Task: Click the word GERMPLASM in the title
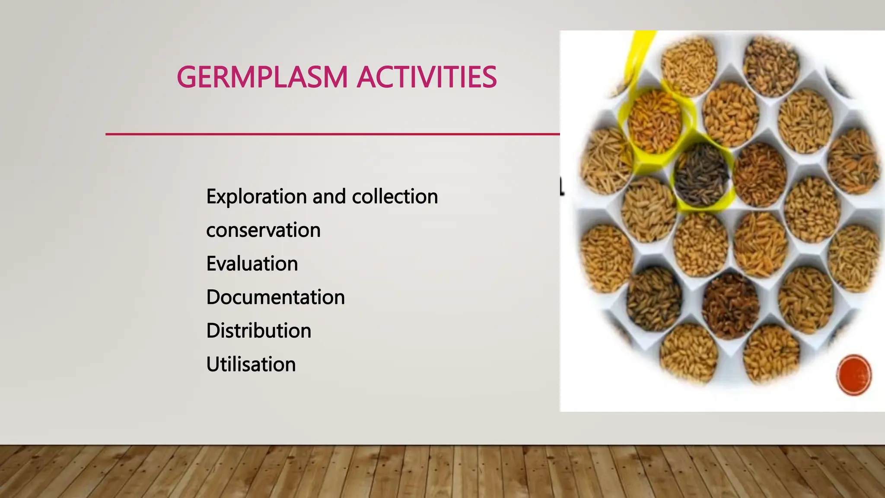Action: [262, 77]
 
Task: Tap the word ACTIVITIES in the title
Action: [427, 77]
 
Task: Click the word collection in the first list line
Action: [395, 197]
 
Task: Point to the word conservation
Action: [263, 230]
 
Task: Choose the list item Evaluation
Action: [252, 264]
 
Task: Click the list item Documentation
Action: [275, 297]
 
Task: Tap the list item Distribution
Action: [258, 331]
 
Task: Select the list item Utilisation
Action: [251, 364]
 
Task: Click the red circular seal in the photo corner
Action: [854, 374]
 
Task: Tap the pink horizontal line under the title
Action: [333, 134]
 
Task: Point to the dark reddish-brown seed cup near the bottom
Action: [730, 306]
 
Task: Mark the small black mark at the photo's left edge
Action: [562, 186]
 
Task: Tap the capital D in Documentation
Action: [214, 297]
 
